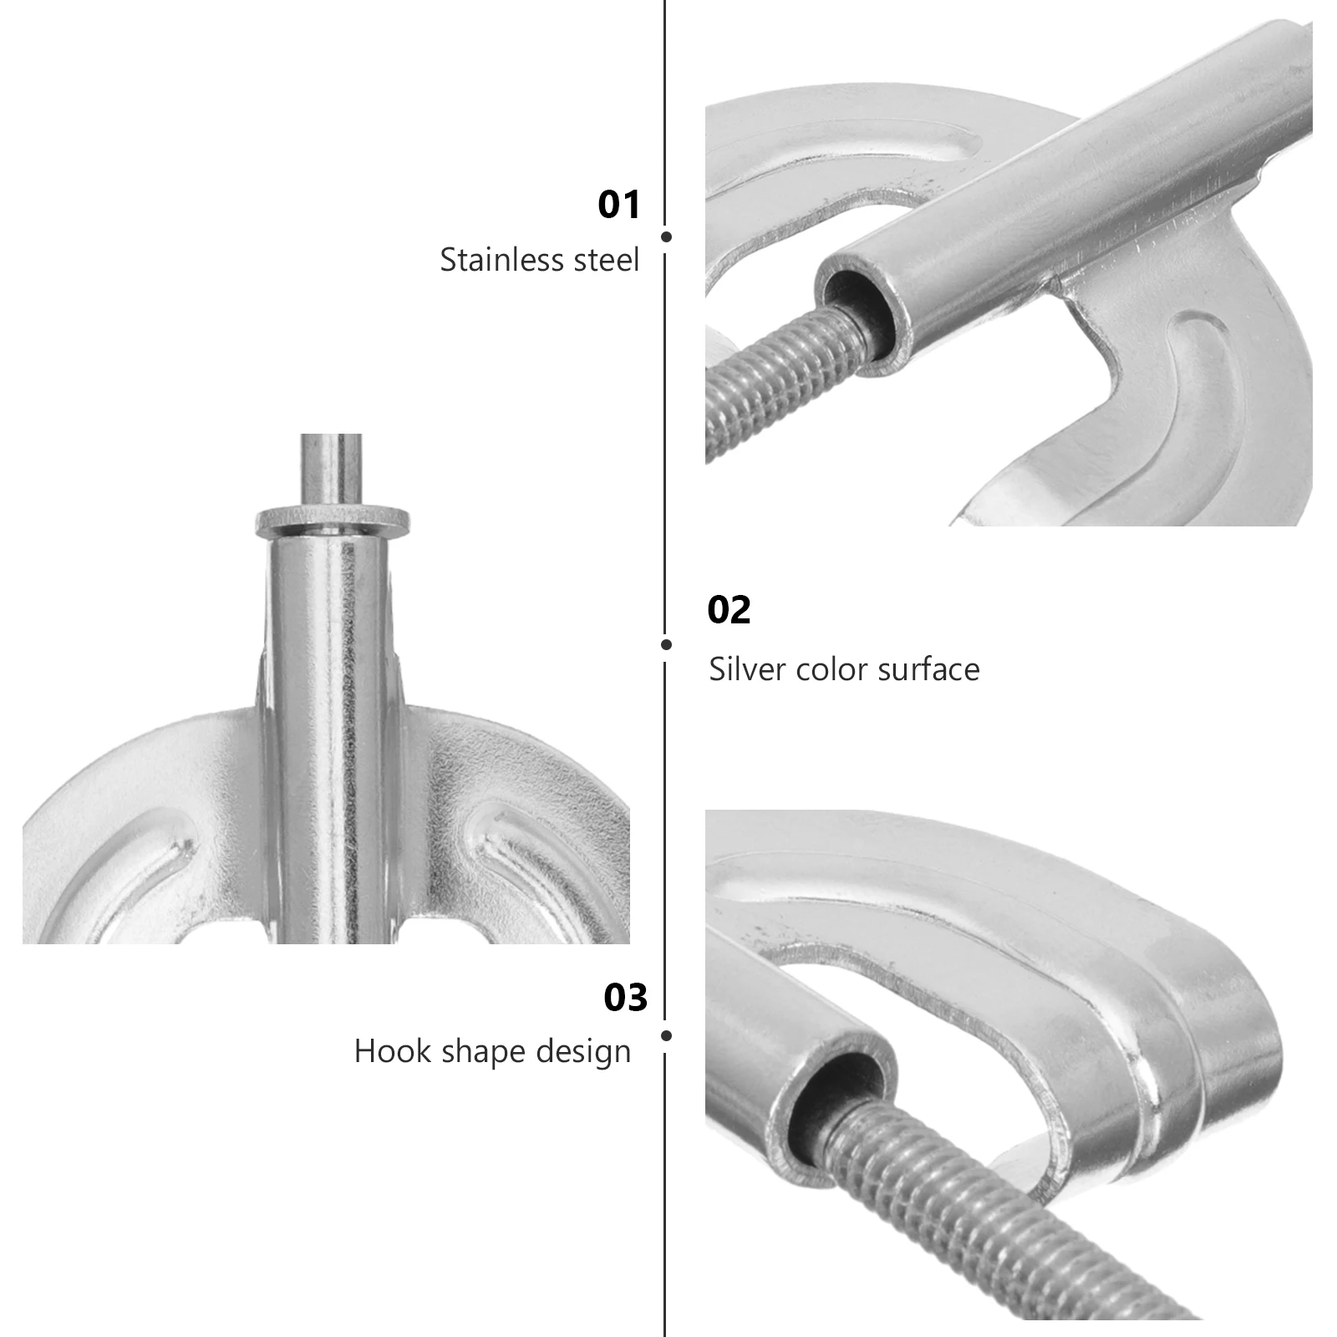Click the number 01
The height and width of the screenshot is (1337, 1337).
618,205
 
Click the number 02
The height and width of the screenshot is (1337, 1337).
729,610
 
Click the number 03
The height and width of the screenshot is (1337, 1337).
625,998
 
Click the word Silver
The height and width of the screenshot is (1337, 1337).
747,669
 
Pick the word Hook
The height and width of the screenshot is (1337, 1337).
384,1051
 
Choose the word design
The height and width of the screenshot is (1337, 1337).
583,1051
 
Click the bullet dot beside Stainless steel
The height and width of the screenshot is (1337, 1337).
666,237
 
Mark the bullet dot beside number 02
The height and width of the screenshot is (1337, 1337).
666,644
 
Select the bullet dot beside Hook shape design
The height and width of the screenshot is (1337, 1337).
666,1036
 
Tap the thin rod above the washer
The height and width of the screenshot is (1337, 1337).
331,468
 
